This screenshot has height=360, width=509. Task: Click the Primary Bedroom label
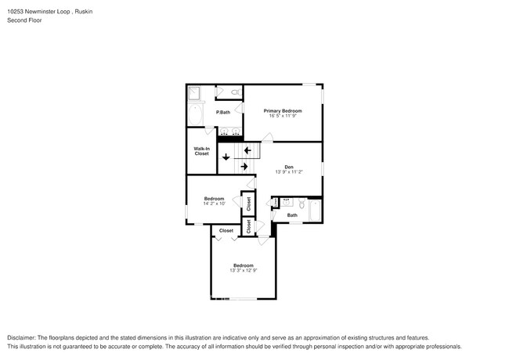[282, 111]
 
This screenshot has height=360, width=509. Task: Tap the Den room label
[289, 167]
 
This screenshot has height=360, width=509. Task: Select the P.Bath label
[223, 113]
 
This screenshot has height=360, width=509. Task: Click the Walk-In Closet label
[201, 151]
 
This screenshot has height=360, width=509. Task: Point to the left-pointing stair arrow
[247, 150]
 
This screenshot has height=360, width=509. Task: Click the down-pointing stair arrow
[226, 157]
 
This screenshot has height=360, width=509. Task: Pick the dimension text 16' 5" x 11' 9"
[282, 117]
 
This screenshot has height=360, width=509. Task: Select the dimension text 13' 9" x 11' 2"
[289, 172]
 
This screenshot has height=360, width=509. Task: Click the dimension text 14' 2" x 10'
[215, 203]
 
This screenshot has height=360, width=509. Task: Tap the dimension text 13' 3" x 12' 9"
[243, 271]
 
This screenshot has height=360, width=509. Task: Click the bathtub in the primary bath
[196, 115]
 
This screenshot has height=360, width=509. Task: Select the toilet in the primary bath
[236, 92]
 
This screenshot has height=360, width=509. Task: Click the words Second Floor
[23, 20]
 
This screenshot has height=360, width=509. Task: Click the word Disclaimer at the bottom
[23, 337]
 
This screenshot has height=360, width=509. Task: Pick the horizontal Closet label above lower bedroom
[226, 231]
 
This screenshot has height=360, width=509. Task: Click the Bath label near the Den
[292, 215]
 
